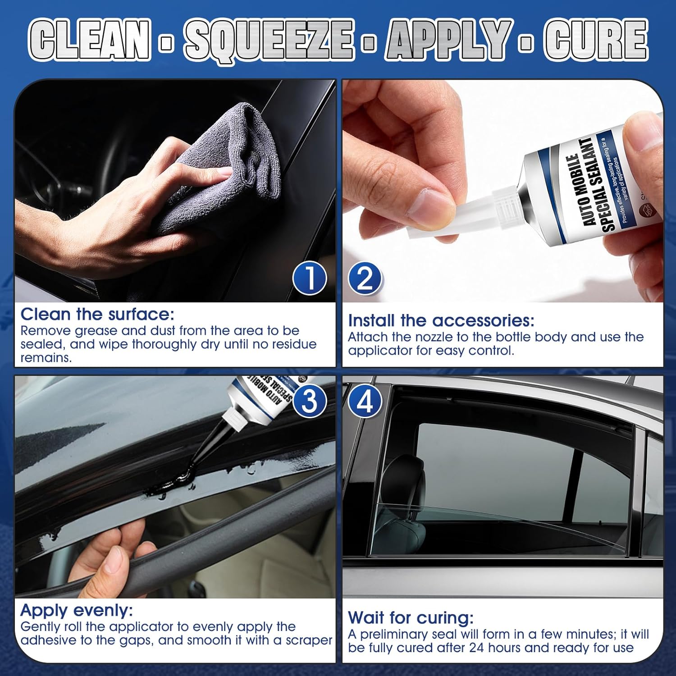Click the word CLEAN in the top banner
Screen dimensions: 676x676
click(x=90, y=39)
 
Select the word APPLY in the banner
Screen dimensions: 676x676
click(x=449, y=39)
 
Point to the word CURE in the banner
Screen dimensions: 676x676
click(x=596, y=39)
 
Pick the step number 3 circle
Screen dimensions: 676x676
click(x=310, y=401)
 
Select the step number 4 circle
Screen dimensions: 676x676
click(x=365, y=401)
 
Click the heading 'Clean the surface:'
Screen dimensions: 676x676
click(x=97, y=314)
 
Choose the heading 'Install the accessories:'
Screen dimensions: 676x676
click(x=441, y=320)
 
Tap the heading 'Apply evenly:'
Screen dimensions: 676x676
click(x=77, y=611)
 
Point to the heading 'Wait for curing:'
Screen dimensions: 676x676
click(x=411, y=617)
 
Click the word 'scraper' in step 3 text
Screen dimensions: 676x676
click(x=309, y=641)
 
